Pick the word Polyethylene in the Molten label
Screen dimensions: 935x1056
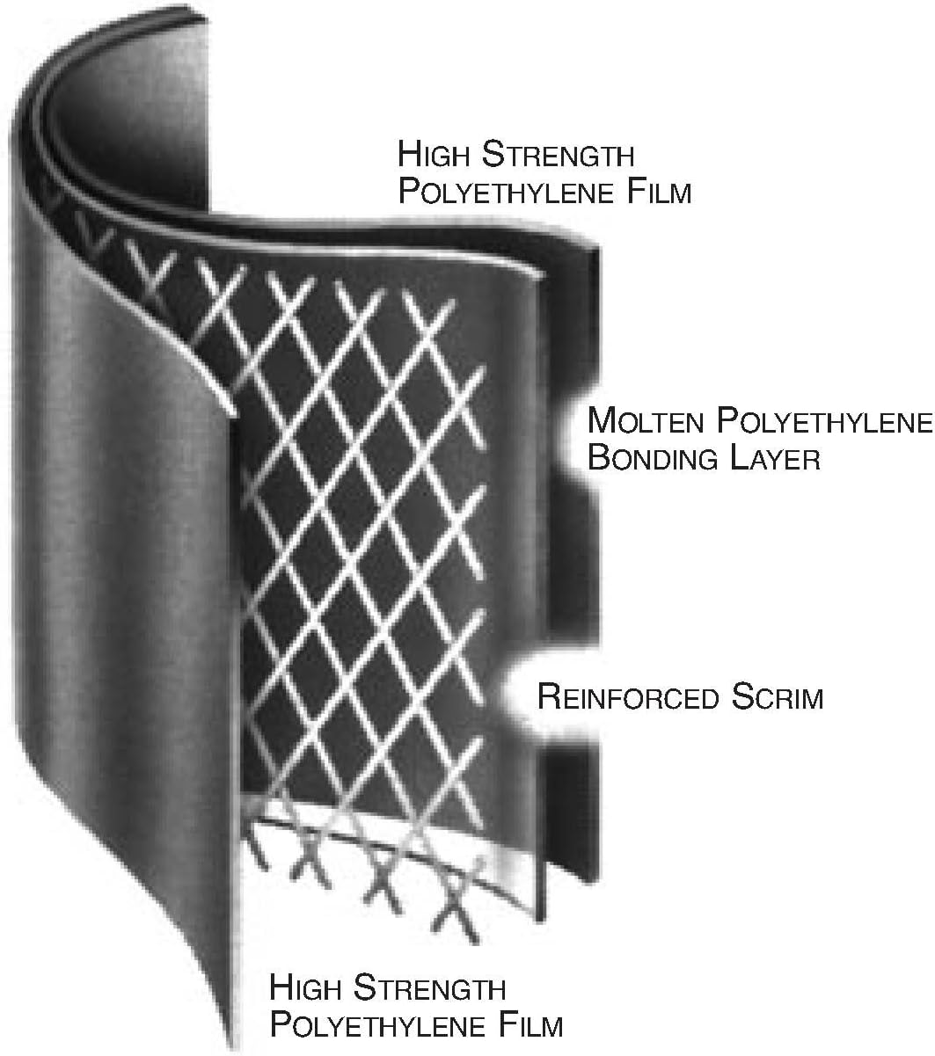(x=824, y=420)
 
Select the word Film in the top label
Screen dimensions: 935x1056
(x=659, y=192)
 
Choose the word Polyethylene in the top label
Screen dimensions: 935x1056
(x=507, y=192)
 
